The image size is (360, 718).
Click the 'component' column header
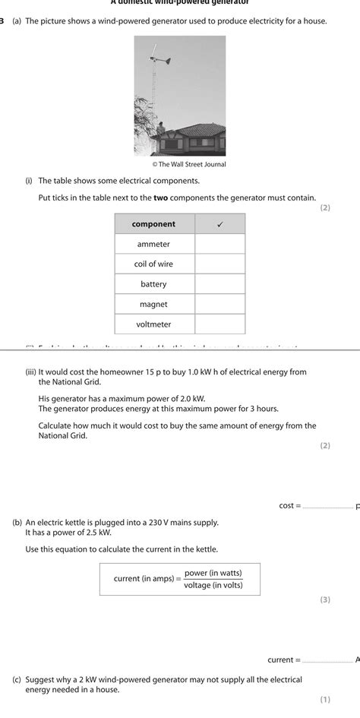click(153, 224)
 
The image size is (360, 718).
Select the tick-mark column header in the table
click(220, 224)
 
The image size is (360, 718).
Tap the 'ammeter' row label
click(153, 244)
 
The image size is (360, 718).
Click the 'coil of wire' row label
click(153, 264)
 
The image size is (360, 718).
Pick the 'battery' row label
click(153, 284)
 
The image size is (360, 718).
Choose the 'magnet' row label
click(153, 304)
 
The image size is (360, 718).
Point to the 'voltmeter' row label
click(153, 324)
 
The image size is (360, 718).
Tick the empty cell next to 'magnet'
click(220, 304)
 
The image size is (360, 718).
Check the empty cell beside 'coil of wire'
click(220, 264)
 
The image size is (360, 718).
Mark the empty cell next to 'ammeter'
click(220, 244)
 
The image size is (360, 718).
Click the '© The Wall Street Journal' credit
click(189, 164)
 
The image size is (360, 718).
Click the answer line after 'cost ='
click(327, 507)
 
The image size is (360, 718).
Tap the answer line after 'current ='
click(327, 660)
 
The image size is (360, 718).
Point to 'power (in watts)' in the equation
click(212, 573)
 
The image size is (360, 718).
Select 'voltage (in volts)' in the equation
click(212, 585)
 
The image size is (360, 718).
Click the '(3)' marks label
click(324, 599)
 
